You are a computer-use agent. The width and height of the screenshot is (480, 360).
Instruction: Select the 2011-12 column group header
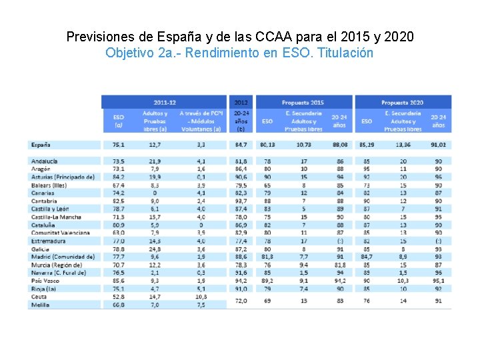click(165, 102)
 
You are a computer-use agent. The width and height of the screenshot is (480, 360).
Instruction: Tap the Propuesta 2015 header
click(303, 102)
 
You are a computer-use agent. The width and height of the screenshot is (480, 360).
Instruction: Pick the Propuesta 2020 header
click(403, 102)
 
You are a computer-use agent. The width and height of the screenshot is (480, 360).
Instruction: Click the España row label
click(41, 144)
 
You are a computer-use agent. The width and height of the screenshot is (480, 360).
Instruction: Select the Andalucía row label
click(44, 161)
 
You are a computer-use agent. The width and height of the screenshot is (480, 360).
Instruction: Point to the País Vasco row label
click(46, 281)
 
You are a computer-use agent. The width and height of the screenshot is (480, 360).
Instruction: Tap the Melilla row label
click(39, 305)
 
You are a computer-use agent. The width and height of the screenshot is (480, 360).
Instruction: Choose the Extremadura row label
click(48, 241)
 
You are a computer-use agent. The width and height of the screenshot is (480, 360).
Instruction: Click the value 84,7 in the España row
click(241, 144)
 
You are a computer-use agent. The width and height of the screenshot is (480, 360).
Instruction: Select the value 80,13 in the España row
click(267, 144)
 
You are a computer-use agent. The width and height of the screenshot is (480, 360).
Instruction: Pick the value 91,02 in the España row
click(438, 144)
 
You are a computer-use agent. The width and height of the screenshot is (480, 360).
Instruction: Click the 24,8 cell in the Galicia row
click(155, 249)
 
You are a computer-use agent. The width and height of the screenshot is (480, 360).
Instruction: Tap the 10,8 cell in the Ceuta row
click(192, 297)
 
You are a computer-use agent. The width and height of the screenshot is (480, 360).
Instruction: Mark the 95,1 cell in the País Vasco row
click(438, 281)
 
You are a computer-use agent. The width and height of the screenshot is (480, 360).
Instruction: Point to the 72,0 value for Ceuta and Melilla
click(241, 301)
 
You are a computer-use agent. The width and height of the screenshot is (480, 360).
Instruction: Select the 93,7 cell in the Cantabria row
click(241, 201)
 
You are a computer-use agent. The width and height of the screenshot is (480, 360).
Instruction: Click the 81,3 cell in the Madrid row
click(267, 257)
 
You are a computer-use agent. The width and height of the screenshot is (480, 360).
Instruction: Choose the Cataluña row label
click(43, 225)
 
